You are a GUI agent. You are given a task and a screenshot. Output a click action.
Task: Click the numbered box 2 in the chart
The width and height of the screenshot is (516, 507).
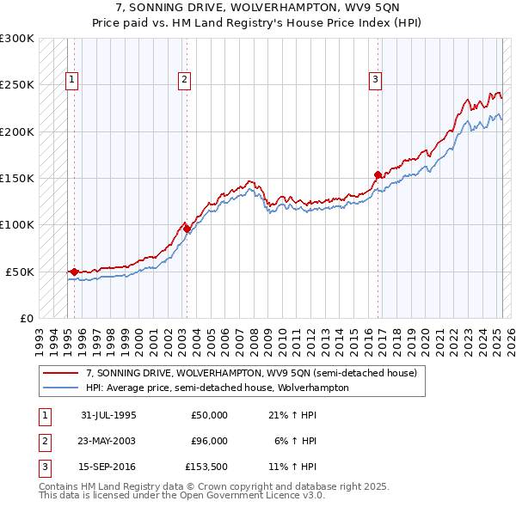point(184,81)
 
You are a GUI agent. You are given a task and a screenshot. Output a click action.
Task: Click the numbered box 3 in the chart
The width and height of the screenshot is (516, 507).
point(376,81)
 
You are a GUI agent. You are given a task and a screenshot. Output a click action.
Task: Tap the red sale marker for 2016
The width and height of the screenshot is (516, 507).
point(378,174)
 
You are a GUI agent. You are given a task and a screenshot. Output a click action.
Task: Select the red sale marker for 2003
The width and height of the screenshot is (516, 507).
point(187,229)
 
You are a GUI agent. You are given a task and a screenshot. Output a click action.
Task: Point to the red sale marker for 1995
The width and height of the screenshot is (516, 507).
point(74,272)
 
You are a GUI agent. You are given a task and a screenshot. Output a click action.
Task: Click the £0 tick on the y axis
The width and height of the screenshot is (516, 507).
point(25,318)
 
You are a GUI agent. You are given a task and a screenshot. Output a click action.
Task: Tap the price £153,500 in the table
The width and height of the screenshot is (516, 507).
point(206,467)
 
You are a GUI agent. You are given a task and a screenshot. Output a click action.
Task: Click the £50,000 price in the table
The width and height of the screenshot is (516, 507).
point(209,415)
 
